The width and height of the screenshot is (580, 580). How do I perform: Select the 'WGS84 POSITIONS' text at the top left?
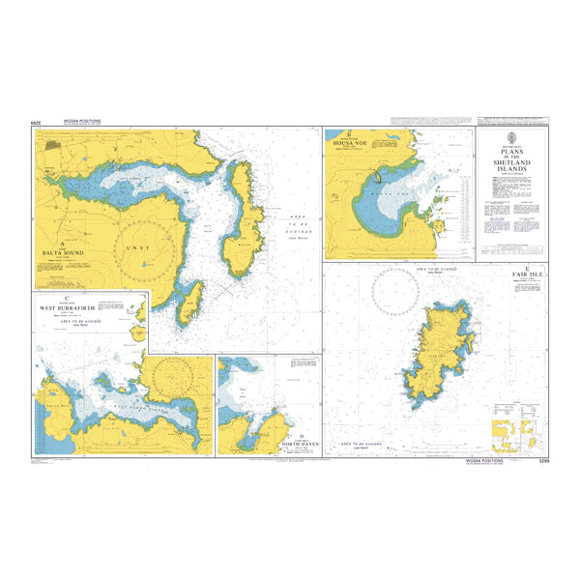click(81, 122)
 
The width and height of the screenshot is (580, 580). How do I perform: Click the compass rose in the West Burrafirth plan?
click(176, 371)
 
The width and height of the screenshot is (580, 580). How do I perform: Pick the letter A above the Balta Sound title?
click(62, 243)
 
